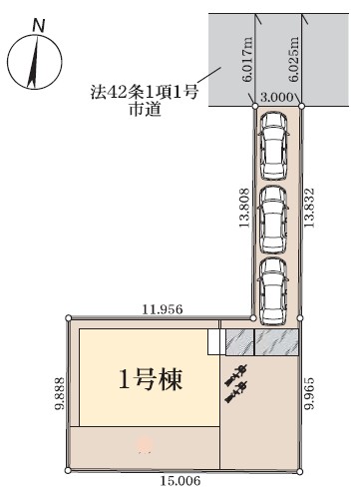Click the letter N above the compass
pos(39,26)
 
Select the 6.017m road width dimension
pos(247,59)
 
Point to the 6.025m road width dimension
pos(294,59)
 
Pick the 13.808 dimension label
pos(244,208)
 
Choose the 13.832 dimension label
pos(309,208)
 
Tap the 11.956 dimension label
pos(163,309)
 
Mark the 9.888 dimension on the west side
pos(60,393)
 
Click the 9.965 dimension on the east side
pos(309,393)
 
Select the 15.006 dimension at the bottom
pos(180,481)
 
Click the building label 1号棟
pos(151,380)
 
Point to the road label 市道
pos(146,110)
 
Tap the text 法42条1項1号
pos(145,92)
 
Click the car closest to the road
pos(273,146)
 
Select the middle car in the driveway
pos(273,220)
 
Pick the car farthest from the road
pos(273,291)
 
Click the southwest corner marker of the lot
pos(68,470)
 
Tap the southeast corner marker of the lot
pos(300,472)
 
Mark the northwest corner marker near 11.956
pos(69,318)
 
